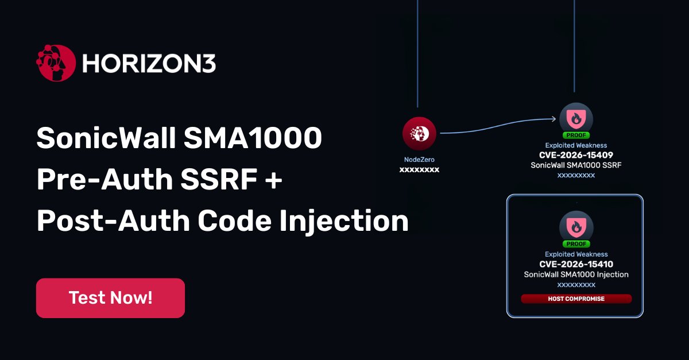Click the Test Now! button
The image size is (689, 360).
110,298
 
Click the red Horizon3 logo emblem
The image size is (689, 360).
56,63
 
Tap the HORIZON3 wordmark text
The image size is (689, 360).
149,64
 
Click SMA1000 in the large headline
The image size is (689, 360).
253,138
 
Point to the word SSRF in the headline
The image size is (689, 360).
219,179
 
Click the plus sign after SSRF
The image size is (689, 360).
273,180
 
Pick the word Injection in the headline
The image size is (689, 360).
344,221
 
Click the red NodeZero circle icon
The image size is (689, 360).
419,134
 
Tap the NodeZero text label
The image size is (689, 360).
419,160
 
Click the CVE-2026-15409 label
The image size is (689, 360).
576,155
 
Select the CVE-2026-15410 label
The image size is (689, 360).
576,264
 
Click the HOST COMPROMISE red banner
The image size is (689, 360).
576,299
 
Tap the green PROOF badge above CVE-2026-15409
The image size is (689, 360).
576,135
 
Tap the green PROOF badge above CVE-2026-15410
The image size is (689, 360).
576,244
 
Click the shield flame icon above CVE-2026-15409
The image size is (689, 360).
576,118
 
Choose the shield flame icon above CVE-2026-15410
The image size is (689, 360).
576,227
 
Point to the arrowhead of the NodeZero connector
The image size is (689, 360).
553,119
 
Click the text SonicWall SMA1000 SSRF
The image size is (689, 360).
576,165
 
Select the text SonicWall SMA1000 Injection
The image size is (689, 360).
576,274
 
